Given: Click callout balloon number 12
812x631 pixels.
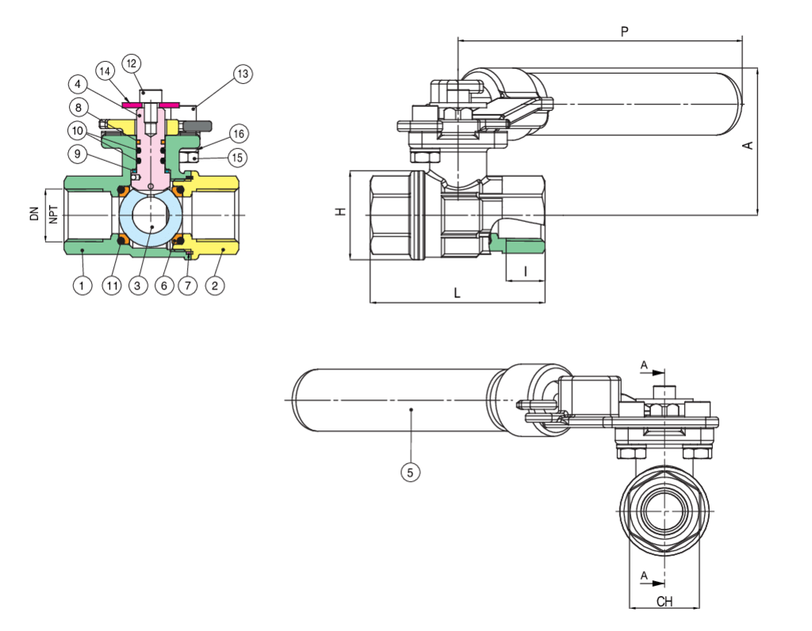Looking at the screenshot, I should click(x=132, y=63).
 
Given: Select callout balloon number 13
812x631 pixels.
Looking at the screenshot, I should click(x=242, y=75).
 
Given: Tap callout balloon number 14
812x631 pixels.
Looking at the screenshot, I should click(x=105, y=70).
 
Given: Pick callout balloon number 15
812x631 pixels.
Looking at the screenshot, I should click(x=236, y=158).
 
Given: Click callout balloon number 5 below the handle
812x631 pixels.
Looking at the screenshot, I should click(x=410, y=472).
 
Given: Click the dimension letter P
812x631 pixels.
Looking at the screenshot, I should click(x=625, y=32).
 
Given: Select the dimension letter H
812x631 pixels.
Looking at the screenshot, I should click(x=340, y=212).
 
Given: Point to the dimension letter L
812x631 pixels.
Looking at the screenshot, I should click(x=457, y=293).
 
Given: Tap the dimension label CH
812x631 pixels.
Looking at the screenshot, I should click(x=665, y=602).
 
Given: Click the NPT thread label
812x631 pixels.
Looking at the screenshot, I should click(x=53, y=215).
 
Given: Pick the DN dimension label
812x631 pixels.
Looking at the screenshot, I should click(x=35, y=214).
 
